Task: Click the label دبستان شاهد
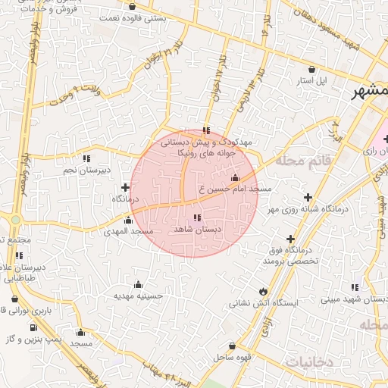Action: [x=196, y=229]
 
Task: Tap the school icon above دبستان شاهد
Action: [x=198, y=218]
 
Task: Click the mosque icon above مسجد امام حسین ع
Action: [x=235, y=178]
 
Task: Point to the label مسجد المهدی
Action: [x=130, y=230]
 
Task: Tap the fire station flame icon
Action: [x=263, y=291]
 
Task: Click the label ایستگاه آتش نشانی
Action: [x=264, y=302]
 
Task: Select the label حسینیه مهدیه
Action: [x=138, y=295]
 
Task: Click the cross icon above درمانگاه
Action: [x=125, y=187]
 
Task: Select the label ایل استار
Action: [x=330, y=80]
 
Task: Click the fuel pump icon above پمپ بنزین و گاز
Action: [x=33, y=327]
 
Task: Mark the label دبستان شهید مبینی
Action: [x=354, y=299]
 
